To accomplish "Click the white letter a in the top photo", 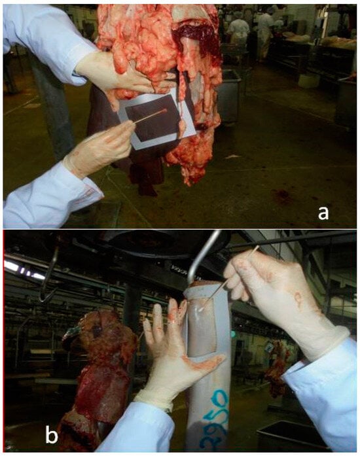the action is pyautogui.click(x=323, y=213).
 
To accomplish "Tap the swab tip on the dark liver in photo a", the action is pyautogui.click(x=164, y=111).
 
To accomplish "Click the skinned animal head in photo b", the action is pyautogui.click(x=102, y=334).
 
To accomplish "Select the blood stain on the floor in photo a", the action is pyautogui.click(x=280, y=195).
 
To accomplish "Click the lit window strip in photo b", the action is pyautogui.click(x=25, y=270).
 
